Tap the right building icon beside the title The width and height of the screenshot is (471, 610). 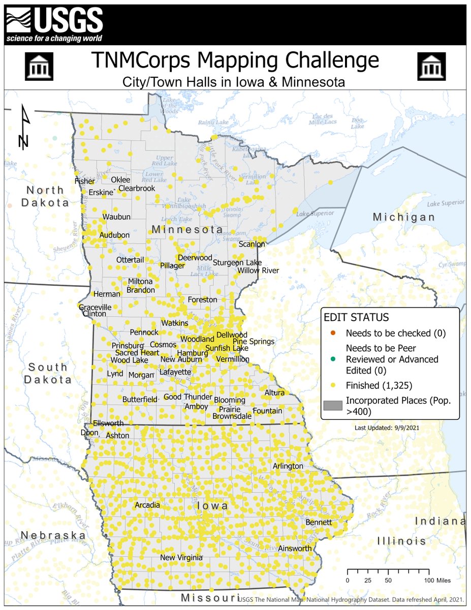tap(431, 66)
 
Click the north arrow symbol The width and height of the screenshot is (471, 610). tap(24, 127)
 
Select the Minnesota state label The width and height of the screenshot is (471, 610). tap(187, 230)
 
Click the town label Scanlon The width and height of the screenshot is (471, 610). tap(252, 244)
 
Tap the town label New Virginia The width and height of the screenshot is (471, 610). tap(181, 558)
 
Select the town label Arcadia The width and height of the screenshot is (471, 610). tap(147, 505)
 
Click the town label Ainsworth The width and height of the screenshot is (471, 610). tap(295, 548)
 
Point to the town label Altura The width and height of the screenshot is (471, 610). tap(275, 392)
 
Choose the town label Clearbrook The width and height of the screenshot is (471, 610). tap(137, 188)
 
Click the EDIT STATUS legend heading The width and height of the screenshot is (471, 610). tap(356, 317)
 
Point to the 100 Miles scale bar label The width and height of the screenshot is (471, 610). tap(438, 579)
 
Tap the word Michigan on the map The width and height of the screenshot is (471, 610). tap(404, 217)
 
